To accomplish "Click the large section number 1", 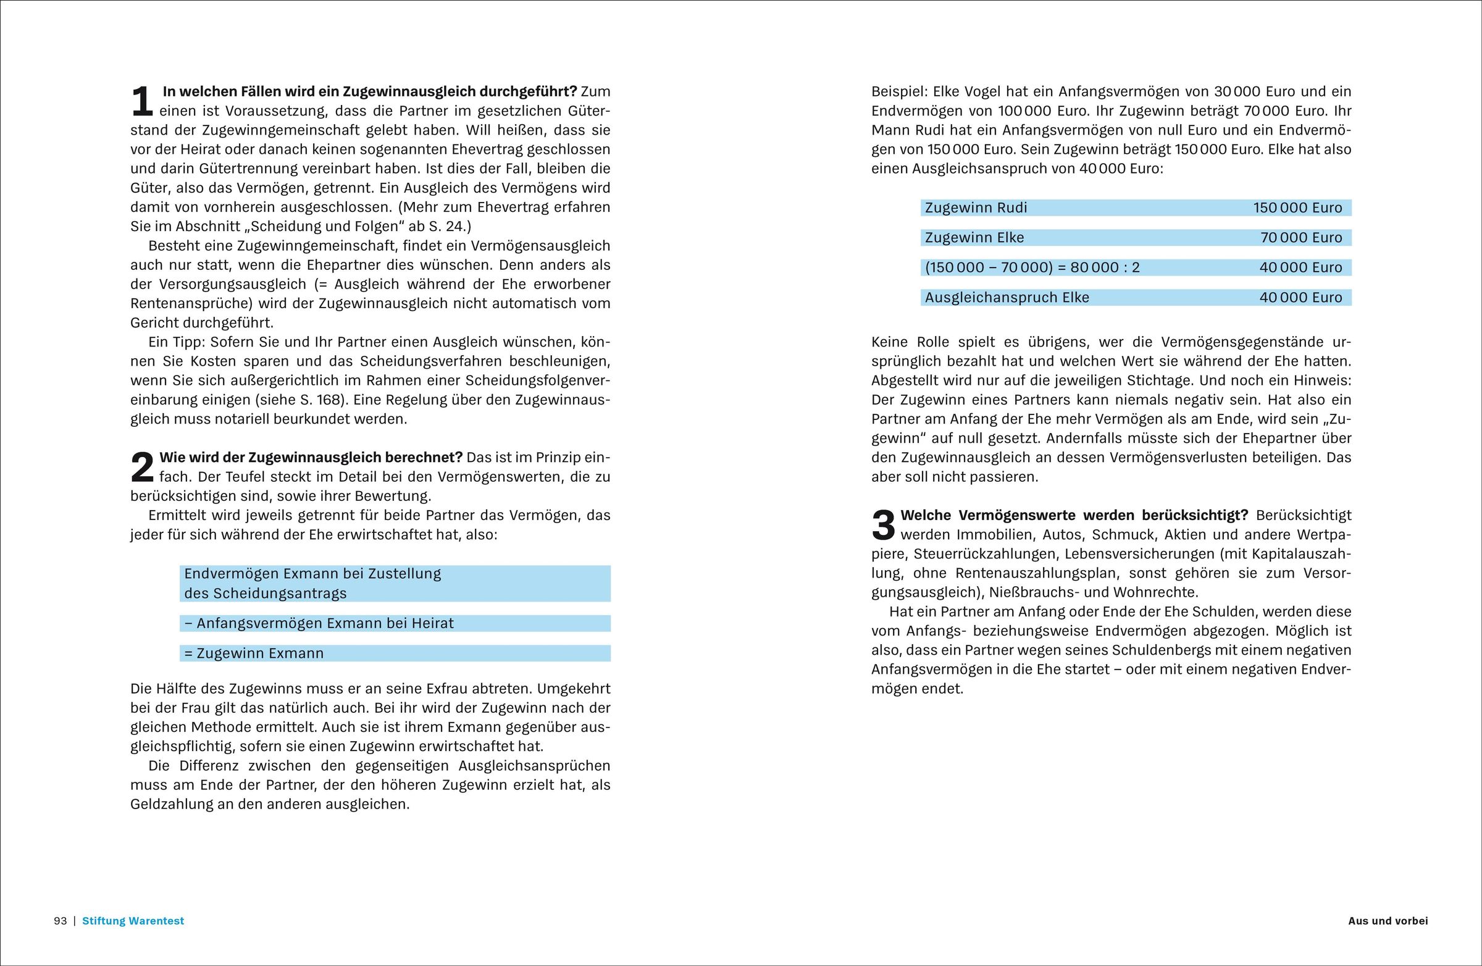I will [x=142, y=101].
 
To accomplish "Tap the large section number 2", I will [x=142, y=467].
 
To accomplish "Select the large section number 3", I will [x=883, y=525].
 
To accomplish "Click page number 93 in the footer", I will [x=61, y=920].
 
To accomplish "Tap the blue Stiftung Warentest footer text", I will [x=133, y=920].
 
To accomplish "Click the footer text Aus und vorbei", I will [x=1388, y=920].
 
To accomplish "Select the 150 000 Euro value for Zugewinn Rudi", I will [x=1298, y=208].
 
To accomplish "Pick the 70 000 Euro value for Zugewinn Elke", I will [x=1302, y=238].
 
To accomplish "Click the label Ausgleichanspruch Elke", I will [x=1007, y=298].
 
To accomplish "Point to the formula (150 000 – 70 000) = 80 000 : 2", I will [x=1032, y=268].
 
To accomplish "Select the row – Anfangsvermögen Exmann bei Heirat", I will [x=319, y=623].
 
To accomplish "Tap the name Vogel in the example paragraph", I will [x=982, y=91].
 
